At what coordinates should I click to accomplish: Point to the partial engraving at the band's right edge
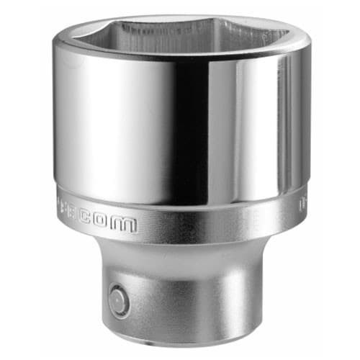303,206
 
